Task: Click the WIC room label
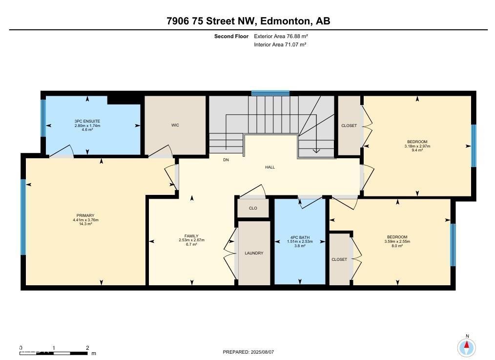point(175,126)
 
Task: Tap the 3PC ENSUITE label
point(87,121)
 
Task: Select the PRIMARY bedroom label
point(85,216)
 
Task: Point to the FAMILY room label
point(191,236)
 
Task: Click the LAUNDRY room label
point(254,253)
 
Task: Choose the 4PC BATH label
point(300,237)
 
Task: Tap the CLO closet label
point(253,209)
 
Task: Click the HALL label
point(270,168)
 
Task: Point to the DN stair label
point(226,160)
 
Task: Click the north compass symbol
point(467,347)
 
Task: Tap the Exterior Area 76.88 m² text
point(281,36)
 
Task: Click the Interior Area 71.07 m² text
point(280,44)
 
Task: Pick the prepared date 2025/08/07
point(262,352)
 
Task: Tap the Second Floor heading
point(231,36)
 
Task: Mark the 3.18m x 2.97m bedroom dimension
point(417,146)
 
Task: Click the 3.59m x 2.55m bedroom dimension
point(397,242)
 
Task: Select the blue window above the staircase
point(270,93)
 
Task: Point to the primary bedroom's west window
point(23,217)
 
